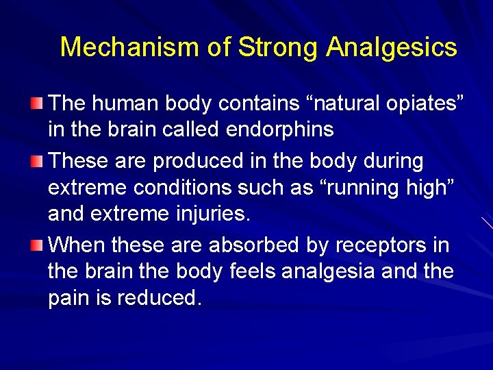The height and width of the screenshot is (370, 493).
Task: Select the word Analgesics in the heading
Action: click(x=392, y=47)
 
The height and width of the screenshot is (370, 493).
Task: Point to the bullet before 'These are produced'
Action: click(x=37, y=162)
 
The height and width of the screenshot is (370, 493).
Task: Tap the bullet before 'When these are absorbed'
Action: click(x=37, y=244)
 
